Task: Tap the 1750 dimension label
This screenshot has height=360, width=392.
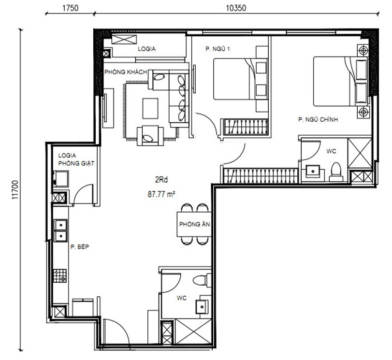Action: pyautogui.click(x=71, y=8)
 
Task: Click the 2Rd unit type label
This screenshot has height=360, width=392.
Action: pyautogui.click(x=161, y=181)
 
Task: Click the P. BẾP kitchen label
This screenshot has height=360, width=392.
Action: pyautogui.click(x=80, y=246)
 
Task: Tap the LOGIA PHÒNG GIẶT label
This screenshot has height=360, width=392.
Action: pyautogui.click(x=75, y=160)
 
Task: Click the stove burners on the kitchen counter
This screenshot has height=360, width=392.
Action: pyautogui.click(x=60, y=276)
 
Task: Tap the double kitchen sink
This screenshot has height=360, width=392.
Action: pyautogui.click(x=60, y=230)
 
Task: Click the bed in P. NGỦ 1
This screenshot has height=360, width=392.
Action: pyautogui.click(x=233, y=79)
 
